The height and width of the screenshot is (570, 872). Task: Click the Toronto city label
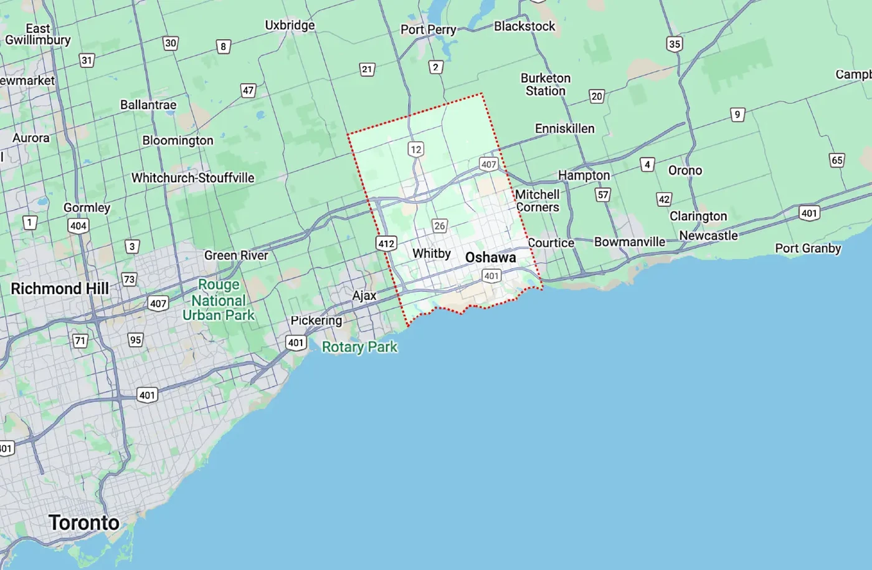[x=83, y=522]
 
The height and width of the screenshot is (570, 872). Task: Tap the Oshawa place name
[x=490, y=258]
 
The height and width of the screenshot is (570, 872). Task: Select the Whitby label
[x=431, y=253]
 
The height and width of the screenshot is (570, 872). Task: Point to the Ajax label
[x=364, y=296]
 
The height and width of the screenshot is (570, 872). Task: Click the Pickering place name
[x=316, y=321]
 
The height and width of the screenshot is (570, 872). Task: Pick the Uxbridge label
[x=290, y=26]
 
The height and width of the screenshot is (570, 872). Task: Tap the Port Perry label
[x=428, y=29]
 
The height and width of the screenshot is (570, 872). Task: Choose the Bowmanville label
[x=629, y=241]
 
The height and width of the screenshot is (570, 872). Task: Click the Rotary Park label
[x=359, y=347]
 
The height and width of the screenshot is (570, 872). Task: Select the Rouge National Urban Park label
[x=219, y=300]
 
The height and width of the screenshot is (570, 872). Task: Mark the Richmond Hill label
[x=60, y=289]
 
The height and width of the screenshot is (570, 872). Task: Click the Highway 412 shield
[x=386, y=243]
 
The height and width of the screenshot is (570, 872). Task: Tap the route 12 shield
[x=415, y=149]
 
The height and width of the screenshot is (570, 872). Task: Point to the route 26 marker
[x=440, y=226]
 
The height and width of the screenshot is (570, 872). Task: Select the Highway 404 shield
[x=78, y=226]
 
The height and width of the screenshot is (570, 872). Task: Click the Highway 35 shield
[x=674, y=44]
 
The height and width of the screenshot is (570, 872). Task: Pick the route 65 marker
[x=836, y=160]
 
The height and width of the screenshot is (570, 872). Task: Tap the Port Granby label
[x=808, y=248]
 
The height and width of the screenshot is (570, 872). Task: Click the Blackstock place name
[x=524, y=26]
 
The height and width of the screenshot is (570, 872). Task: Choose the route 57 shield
[x=603, y=195]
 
